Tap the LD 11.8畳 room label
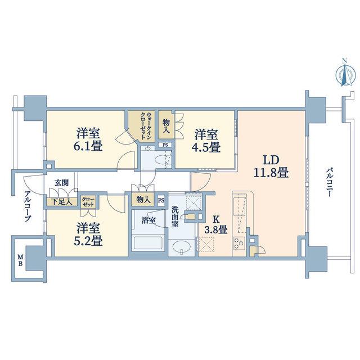271,166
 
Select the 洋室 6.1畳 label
88,139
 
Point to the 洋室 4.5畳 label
206,141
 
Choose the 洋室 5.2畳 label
88,235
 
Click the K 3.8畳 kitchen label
216,225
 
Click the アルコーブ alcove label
28,206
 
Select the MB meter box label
20,260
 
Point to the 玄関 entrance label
61,183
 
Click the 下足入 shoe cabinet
61,201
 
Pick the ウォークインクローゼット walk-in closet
141,126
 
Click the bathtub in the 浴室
148,243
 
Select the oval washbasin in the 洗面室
181,247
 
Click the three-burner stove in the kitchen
239,244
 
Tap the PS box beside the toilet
165,145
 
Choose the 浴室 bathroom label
148,220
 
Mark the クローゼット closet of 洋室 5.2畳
88,202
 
